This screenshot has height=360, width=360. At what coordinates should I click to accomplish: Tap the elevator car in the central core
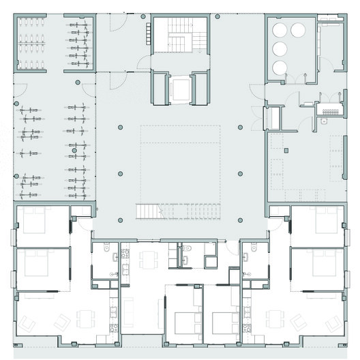click(x=180, y=89)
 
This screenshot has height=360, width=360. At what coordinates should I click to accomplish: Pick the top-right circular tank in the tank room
click(x=298, y=30)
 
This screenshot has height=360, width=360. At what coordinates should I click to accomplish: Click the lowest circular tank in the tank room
click(x=280, y=67)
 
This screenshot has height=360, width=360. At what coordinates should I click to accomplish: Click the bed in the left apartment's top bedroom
click(x=33, y=224)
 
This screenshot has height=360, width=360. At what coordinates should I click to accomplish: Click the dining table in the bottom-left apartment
click(x=85, y=318)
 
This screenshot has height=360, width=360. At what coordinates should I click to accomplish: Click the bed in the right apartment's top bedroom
click(x=326, y=224)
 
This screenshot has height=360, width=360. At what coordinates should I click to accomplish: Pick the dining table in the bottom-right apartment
click(x=275, y=318)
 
